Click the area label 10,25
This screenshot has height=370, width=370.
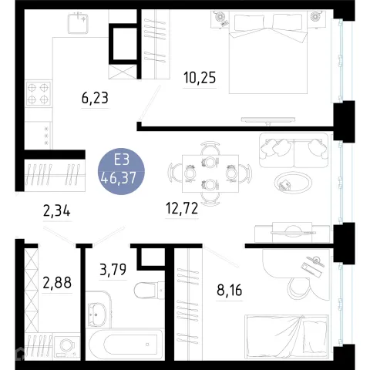[x=200, y=78]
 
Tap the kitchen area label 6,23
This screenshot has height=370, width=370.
[x=95, y=98]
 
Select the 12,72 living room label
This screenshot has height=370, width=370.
[x=182, y=208]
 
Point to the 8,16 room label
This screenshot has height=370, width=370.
[x=230, y=291]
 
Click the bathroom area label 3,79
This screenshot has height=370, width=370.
[x=113, y=270]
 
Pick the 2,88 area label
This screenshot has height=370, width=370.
[x=57, y=283]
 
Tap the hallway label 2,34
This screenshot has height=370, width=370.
[x=57, y=211]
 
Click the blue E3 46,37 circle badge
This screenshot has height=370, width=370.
[x=121, y=171]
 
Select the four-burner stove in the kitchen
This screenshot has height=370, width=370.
[x=39, y=93]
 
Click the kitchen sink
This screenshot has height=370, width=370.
[x=78, y=23]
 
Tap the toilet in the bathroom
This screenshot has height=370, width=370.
[x=149, y=290]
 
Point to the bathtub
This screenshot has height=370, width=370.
[x=126, y=345]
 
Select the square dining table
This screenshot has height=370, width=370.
[x=210, y=173]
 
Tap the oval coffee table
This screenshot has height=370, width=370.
[x=293, y=183]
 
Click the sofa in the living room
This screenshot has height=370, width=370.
[x=294, y=150]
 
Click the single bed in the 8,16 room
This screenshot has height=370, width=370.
[x=287, y=337]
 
